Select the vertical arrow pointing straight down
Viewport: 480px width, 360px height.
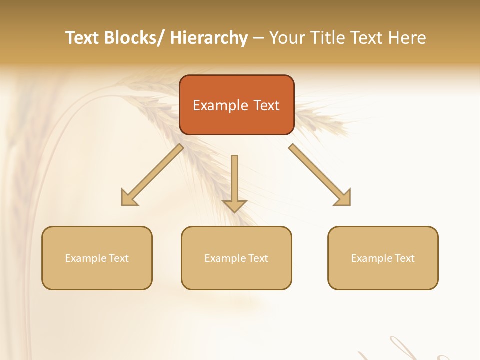point(234,182)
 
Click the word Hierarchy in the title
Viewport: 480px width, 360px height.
point(209,38)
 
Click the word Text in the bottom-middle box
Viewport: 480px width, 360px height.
point(258,258)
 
